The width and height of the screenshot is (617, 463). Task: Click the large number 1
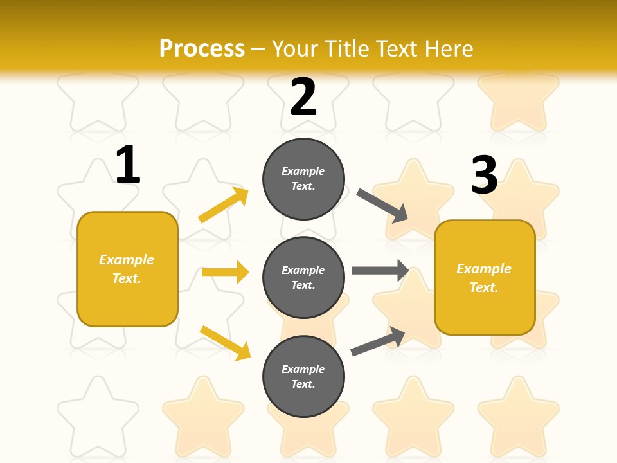pyautogui.click(x=128, y=165)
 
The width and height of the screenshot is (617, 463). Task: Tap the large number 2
pyautogui.click(x=303, y=97)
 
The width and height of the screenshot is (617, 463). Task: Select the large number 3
pyautogui.click(x=484, y=176)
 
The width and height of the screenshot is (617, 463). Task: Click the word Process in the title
pyautogui.click(x=202, y=48)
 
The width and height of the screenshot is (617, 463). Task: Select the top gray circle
pyautogui.click(x=303, y=179)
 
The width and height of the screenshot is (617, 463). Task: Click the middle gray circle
pyautogui.click(x=303, y=277)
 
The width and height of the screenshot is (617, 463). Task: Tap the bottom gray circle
pyautogui.click(x=303, y=376)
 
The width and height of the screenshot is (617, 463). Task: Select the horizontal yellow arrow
pyautogui.click(x=225, y=272)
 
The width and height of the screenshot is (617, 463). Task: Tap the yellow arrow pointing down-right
pyautogui.click(x=226, y=343)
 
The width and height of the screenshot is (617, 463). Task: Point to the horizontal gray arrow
pyautogui.click(x=380, y=270)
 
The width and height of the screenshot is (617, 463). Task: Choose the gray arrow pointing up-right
pyautogui.click(x=378, y=341)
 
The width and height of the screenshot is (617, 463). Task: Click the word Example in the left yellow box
pyautogui.click(x=127, y=260)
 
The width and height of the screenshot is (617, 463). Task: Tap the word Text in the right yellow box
pyautogui.click(x=483, y=287)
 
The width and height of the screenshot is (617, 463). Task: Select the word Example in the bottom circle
pyautogui.click(x=303, y=369)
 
